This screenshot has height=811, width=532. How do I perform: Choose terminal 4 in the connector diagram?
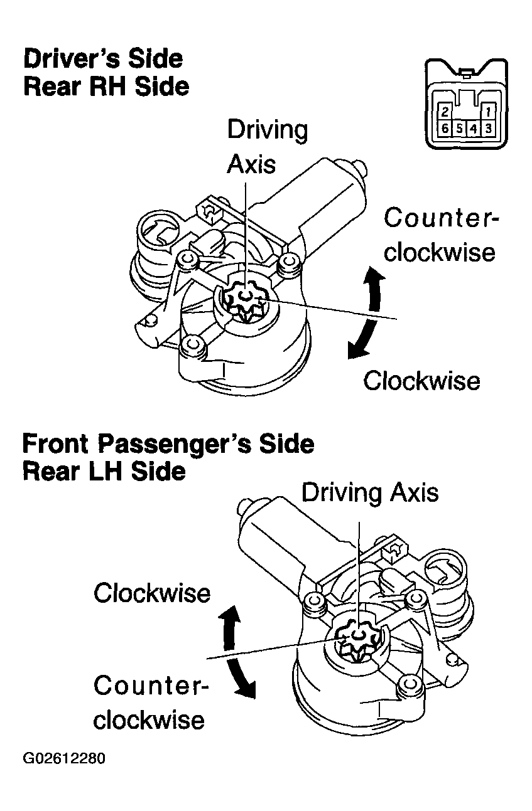[x=474, y=129]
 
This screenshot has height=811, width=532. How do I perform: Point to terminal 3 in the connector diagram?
[x=489, y=129]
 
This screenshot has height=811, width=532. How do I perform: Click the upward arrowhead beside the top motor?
[x=375, y=274]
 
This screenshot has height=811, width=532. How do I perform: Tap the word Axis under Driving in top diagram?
[x=251, y=164]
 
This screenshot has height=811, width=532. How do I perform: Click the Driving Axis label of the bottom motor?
[x=369, y=492]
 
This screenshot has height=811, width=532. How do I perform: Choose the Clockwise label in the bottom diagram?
[x=152, y=592]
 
